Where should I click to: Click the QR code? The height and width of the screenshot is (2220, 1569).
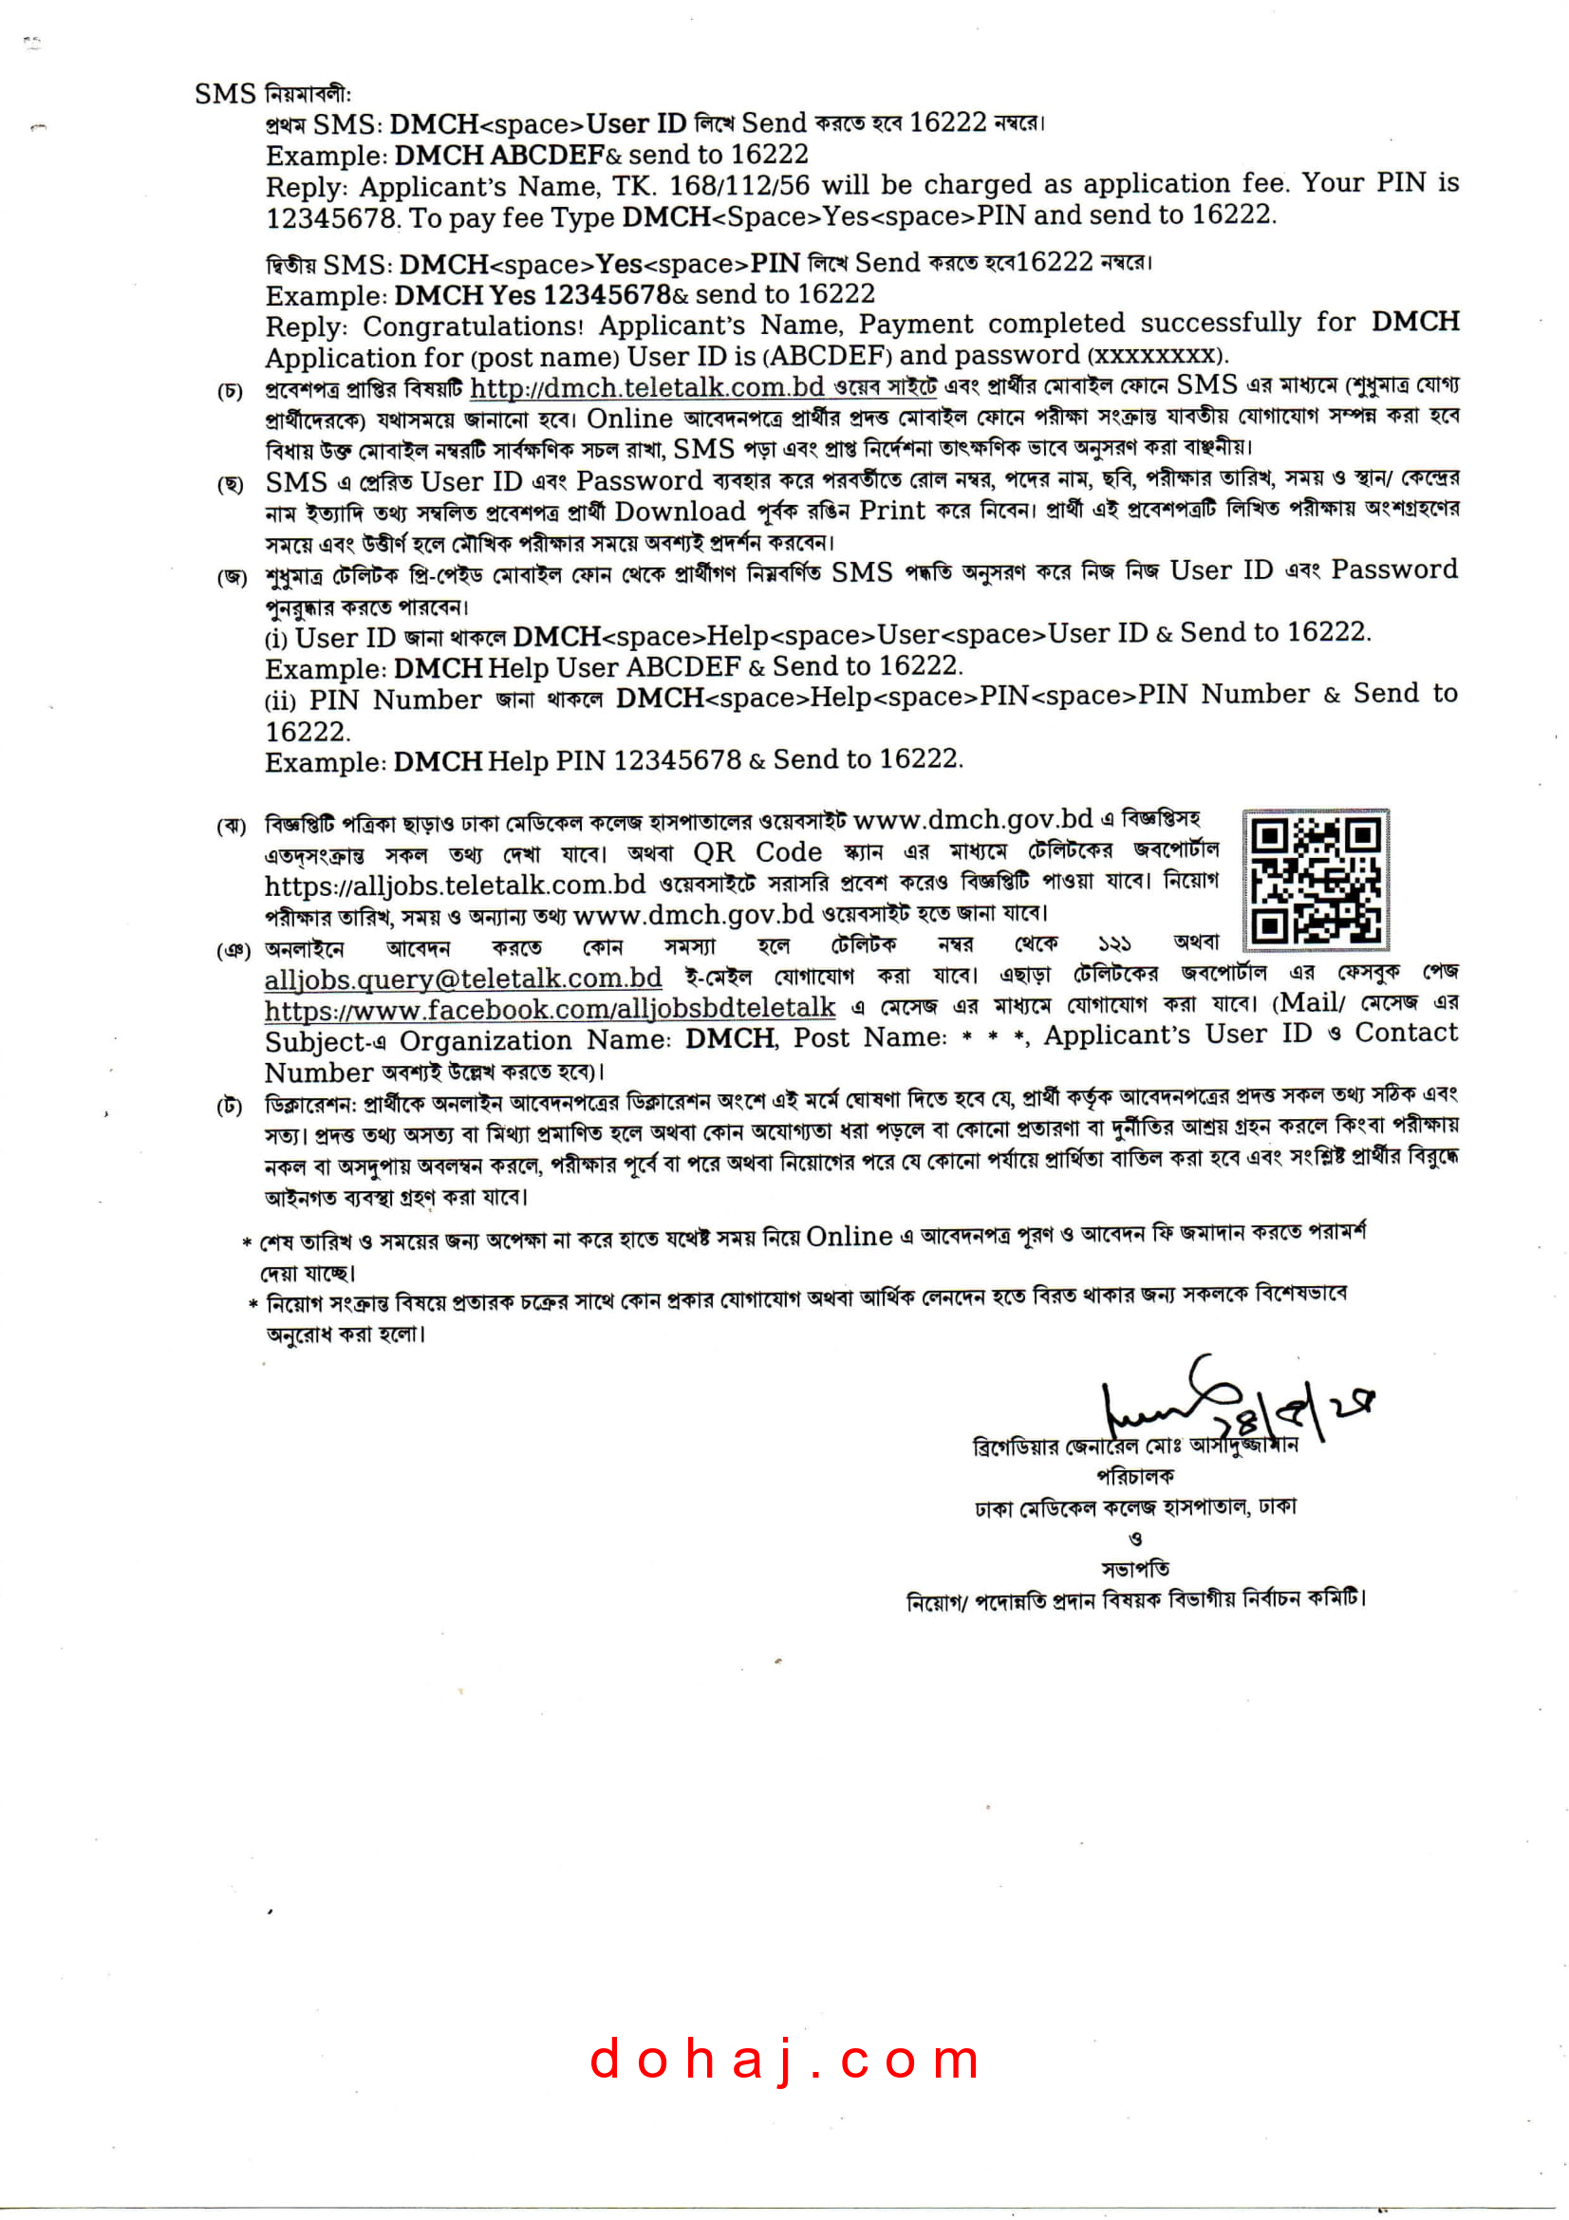[1315, 879]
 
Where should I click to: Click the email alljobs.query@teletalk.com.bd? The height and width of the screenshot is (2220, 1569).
[463, 979]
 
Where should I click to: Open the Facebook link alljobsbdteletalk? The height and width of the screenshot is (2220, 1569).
[551, 1010]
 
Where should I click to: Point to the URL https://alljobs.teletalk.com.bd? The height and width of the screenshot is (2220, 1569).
[456, 885]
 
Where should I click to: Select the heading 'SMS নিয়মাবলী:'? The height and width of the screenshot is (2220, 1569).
[272, 94]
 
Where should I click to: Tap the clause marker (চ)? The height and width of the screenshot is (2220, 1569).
[230, 392]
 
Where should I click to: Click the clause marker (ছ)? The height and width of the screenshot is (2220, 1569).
[230, 484]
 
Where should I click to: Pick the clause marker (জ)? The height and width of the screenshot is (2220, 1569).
[231, 577]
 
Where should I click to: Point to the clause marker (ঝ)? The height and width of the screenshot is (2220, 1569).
[231, 826]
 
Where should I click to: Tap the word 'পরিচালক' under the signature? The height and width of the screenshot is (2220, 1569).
[1135, 1477]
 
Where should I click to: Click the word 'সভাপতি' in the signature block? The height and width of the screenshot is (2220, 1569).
[1135, 1568]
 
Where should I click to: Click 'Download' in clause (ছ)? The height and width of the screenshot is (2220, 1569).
[681, 512]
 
